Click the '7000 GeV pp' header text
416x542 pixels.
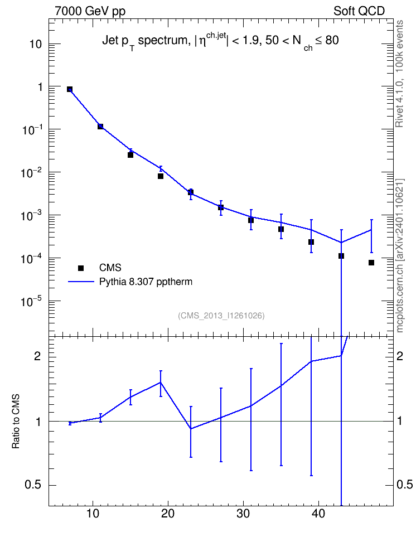pyautogui.click(x=90, y=11)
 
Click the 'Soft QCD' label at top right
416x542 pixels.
pyautogui.click(x=359, y=11)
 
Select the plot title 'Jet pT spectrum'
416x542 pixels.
pyautogui.click(x=145, y=41)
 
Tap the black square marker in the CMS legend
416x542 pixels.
pyautogui.click(x=81, y=268)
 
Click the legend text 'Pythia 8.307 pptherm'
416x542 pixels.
pyautogui.click(x=146, y=282)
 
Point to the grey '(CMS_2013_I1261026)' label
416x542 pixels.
pyautogui.click(x=221, y=316)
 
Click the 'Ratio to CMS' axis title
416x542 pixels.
pyautogui.click(x=16, y=422)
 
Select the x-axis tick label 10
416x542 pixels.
pyautogui.click(x=93, y=514)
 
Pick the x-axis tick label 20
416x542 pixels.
pyautogui.click(x=168, y=514)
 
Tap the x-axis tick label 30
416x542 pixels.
pyautogui.click(x=243, y=514)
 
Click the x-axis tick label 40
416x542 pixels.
pyautogui.click(x=318, y=514)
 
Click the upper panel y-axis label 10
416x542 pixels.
pyautogui.click(x=36, y=44)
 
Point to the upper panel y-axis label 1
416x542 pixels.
pyautogui.click(x=40, y=87)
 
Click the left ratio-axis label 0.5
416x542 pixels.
pyautogui.click(x=33, y=485)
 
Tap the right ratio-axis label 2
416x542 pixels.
pyautogui.click(x=400, y=356)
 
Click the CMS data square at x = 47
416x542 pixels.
pyautogui.click(x=371, y=263)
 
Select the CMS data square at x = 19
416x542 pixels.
pyautogui.click(x=161, y=176)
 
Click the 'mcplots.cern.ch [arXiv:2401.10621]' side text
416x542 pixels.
pyautogui.click(x=399, y=256)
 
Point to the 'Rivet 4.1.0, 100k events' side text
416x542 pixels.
pyautogui.click(x=399, y=74)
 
